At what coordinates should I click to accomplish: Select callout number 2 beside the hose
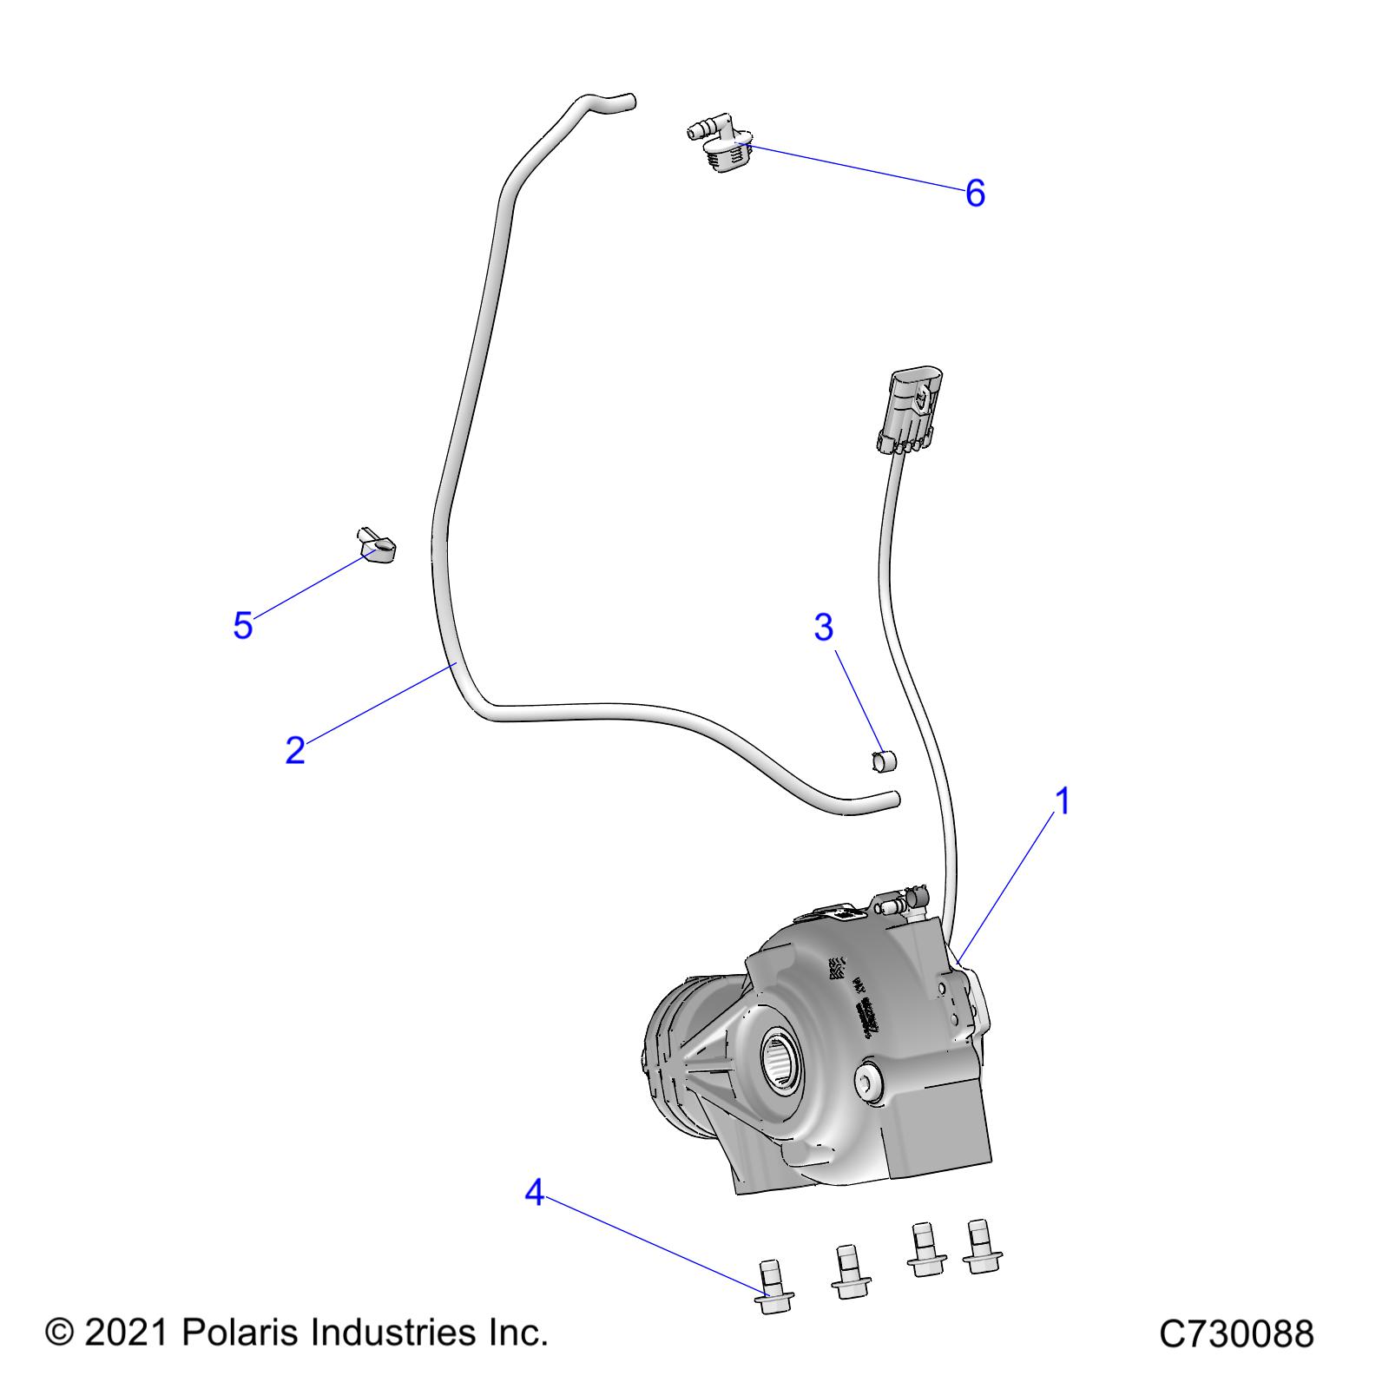[x=295, y=750]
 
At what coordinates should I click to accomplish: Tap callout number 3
[x=823, y=627]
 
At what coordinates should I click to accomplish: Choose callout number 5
[x=242, y=625]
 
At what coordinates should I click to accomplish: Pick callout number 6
[x=975, y=193]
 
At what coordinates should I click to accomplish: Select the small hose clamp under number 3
[x=884, y=761]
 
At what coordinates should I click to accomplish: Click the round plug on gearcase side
[x=868, y=1080]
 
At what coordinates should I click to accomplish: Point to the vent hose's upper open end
[x=630, y=102]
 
